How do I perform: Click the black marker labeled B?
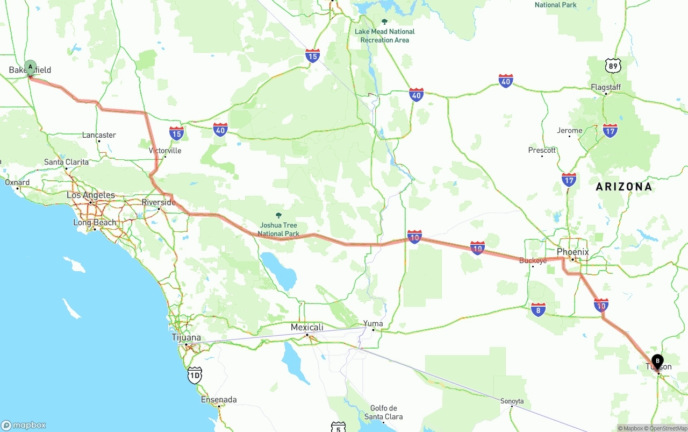click(x=657, y=362)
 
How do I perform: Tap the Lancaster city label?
click(x=99, y=135)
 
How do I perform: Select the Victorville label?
click(x=165, y=151)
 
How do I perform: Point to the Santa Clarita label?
click(x=66, y=162)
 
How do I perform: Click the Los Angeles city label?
click(x=91, y=195)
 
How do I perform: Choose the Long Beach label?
click(x=95, y=223)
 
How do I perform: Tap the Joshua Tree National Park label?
click(x=278, y=229)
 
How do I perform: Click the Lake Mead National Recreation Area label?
click(x=384, y=36)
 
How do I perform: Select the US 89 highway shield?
click(x=613, y=66)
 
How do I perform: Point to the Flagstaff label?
click(x=606, y=87)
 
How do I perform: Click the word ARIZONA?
click(x=623, y=187)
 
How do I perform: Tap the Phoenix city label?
click(x=573, y=252)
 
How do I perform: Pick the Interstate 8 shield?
click(x=538, y=309)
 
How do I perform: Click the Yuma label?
click(x=373, y=324)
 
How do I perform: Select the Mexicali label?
click(x=307, y=328)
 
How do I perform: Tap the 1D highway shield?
click(x=195, y=376)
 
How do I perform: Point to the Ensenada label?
click(x=219, y=400)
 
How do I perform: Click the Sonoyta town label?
click(x=512, y=401)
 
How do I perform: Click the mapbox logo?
click(x=24, y=425)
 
